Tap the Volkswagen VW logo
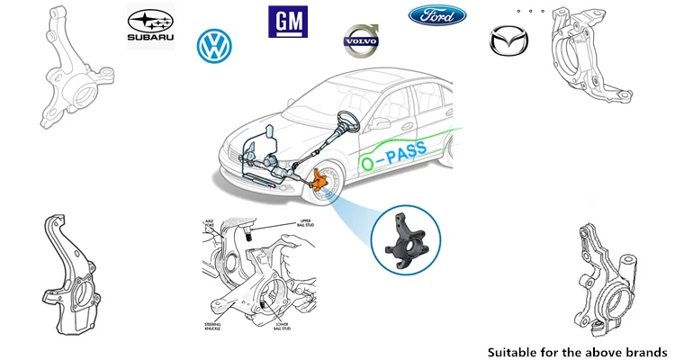(214, 46)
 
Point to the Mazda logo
(504, 41)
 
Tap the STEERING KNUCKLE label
(215, 323)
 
